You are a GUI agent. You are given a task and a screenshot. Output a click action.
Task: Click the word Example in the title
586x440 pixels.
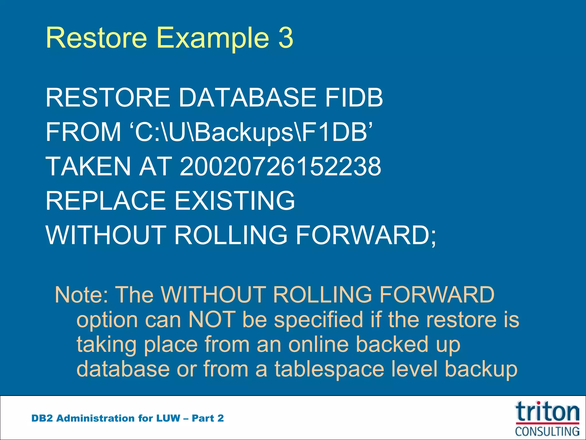(x=213, y=38)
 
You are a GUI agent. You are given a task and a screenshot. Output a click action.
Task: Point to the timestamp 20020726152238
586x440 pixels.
(x=280, y=166)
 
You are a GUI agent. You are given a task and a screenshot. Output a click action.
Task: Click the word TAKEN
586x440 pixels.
(x=88, y=166)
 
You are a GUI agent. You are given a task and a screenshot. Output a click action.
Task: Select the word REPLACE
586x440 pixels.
(x=106, y=201)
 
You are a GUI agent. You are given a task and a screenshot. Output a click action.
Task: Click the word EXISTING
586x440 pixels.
(x=235, y=201)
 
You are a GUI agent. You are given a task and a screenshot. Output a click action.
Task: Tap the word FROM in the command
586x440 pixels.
(x=83, y=132)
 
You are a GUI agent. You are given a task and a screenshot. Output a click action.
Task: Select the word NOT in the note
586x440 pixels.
(x=212, y=320)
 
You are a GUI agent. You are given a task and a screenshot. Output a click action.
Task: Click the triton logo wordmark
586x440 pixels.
(x=547, y=412)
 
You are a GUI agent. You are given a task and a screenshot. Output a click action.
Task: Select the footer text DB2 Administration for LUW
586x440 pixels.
(x=106, y=418)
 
